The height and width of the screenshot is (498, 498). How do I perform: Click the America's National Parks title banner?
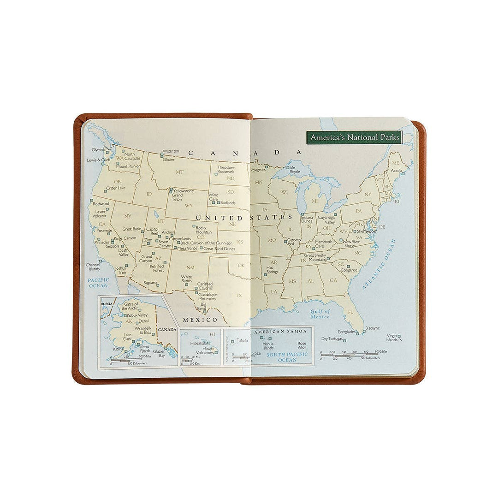point(355,137)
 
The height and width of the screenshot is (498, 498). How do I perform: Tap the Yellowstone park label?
point(183,191)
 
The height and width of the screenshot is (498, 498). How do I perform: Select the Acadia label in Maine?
point(396,170)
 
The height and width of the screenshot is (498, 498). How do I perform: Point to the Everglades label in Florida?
point(346,332)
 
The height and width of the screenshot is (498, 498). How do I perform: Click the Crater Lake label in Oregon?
point(115,188)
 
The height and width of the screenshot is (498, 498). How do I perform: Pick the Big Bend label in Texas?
point(203,307)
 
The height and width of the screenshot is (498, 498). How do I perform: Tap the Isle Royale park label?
point(295,170)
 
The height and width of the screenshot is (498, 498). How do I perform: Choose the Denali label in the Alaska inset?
point(144,320)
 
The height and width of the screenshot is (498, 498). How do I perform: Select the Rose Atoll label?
point(302,345)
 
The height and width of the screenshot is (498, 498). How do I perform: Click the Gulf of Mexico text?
point(320,314)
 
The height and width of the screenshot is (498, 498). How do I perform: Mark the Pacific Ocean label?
point(98,283)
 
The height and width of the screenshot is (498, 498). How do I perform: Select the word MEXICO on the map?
point(200,320)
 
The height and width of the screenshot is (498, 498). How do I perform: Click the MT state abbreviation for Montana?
point(180,172)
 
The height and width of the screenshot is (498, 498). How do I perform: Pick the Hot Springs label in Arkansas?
point(273,270)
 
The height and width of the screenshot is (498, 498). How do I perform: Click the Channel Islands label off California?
point(94,267)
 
